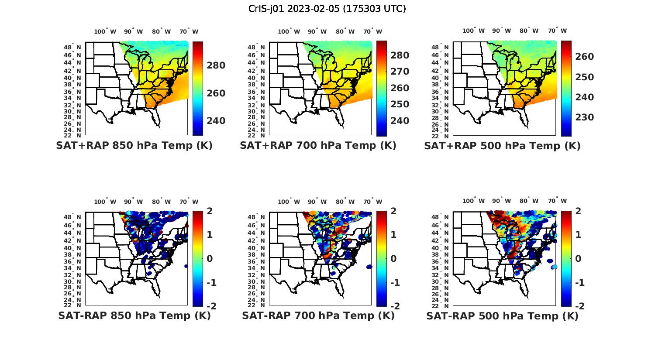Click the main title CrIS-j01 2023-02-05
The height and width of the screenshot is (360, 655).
tap(327, 9)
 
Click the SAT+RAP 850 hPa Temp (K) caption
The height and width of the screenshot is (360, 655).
tap(134, 146)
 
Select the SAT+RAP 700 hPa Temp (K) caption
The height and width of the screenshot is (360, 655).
tap(318, 146)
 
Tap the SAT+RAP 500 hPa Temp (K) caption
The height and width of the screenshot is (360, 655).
tap(502, 146)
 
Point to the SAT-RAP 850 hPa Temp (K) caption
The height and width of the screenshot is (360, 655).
tap(134, 315)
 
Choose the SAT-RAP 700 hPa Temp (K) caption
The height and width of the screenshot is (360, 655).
tap(318, 315)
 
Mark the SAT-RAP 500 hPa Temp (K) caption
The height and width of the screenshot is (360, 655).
tap(502, 315)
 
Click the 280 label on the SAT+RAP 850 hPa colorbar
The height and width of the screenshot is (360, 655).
tap(216, 65)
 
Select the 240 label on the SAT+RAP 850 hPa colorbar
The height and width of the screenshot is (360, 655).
tap(216, 120)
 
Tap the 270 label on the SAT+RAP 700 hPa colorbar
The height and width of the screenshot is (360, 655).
tap(400, 72)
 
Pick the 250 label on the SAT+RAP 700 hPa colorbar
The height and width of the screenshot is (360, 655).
tap(400, 104)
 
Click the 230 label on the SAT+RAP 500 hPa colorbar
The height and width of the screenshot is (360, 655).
tap(584, 117)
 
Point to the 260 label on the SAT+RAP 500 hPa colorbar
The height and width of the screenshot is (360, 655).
tap(584, 57)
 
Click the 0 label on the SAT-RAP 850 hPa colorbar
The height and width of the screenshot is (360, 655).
tap(210, 259)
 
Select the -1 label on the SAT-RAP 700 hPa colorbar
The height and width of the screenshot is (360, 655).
tap(395, 283)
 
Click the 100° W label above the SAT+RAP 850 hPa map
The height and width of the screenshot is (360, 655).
tap(105, 31)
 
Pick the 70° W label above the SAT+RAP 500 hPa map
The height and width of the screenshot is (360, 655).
tap(558, 31)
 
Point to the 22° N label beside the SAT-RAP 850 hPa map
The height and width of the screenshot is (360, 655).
tap(73, 305)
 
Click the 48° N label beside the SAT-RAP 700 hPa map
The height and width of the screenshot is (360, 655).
tap(257, 217)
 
